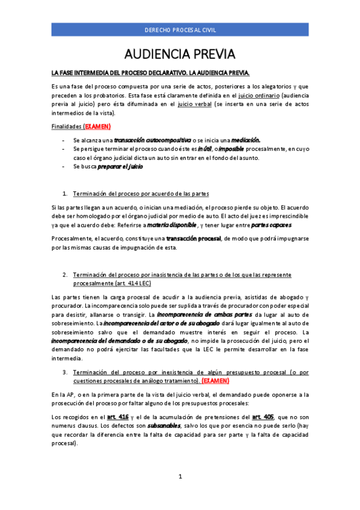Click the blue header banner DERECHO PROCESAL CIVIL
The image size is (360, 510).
[x=180, y=29]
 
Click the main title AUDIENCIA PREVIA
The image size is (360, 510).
[x=180, y=55]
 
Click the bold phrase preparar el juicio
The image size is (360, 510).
[x=120, y=167]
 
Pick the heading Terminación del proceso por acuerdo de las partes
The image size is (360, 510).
[x=141, y=194]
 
